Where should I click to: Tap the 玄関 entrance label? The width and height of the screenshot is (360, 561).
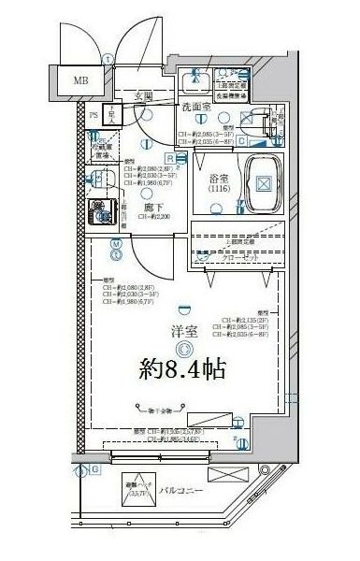click(x=142, y=95)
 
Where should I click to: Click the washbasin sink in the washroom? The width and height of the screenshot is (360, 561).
click(x=198, y=83)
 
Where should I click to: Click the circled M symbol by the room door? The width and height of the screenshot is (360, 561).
click(x=115, y=245)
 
